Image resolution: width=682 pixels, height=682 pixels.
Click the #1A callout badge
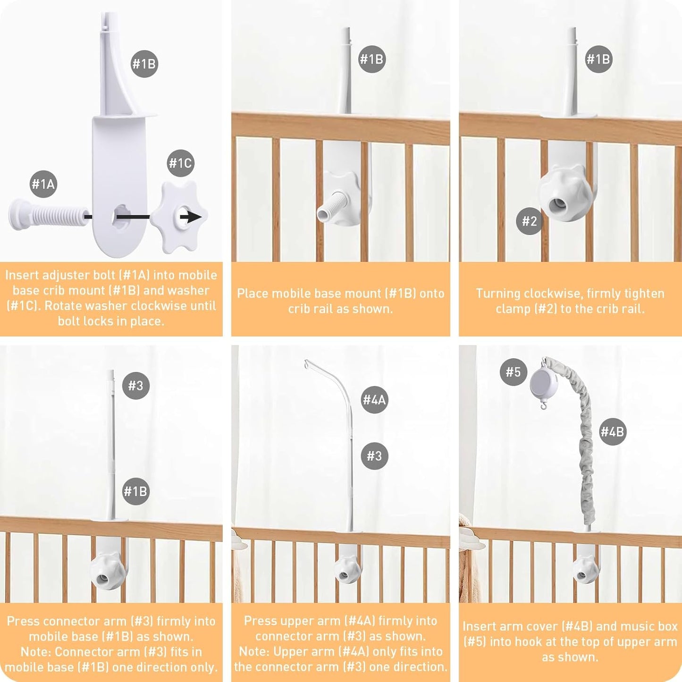(x=43, y=184)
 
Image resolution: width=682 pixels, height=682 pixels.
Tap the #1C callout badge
(x=181, y=163)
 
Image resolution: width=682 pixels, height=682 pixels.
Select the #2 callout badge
(x=530, y=221)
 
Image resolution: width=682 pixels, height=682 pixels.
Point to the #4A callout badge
(x=374, y=400)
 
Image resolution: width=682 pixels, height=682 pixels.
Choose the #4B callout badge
(x=613, y=431)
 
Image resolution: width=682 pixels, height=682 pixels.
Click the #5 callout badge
(x=513, y=372)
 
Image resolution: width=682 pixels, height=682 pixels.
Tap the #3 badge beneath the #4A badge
(x=374, y=456)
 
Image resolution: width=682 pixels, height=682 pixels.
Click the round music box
(x=544, y=382)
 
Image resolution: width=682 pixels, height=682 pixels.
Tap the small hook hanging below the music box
(x=544, y=404)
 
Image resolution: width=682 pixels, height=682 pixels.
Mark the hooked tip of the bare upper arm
(x=308, y=364)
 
